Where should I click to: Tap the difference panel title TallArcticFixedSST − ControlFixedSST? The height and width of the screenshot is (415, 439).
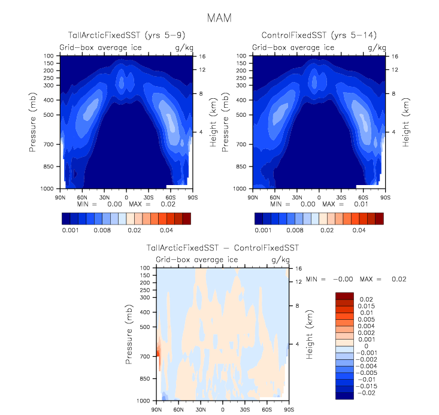(x=223, y=248)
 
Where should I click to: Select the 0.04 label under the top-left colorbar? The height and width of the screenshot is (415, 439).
(x=166, y=230)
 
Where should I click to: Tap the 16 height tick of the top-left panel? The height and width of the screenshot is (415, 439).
(x=202, y=56)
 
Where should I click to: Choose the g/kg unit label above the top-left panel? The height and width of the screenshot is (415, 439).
(x=183, y=47)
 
